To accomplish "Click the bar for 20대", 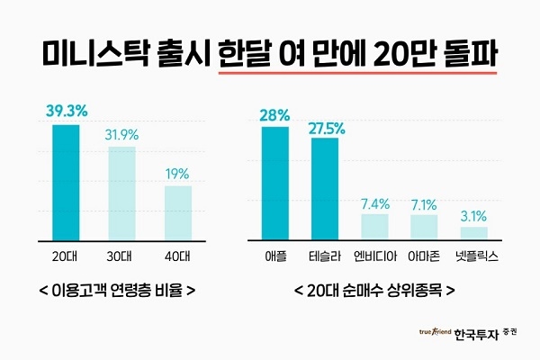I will click(x=66, y=182).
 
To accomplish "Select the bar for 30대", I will click(x=121, y=193).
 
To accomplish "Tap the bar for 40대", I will click(x=177, y=212).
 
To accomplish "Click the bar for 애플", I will click(x=275, y=183).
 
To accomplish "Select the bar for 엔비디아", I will click(x=374, y=226).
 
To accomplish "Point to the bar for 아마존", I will click(x=424, y=227).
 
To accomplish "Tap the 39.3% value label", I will click(x=67, y=112).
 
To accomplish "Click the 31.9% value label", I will click(x=122, y=135).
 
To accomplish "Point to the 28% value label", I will click(x=275, y=115).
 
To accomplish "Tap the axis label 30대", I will click(x=122, y=256).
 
